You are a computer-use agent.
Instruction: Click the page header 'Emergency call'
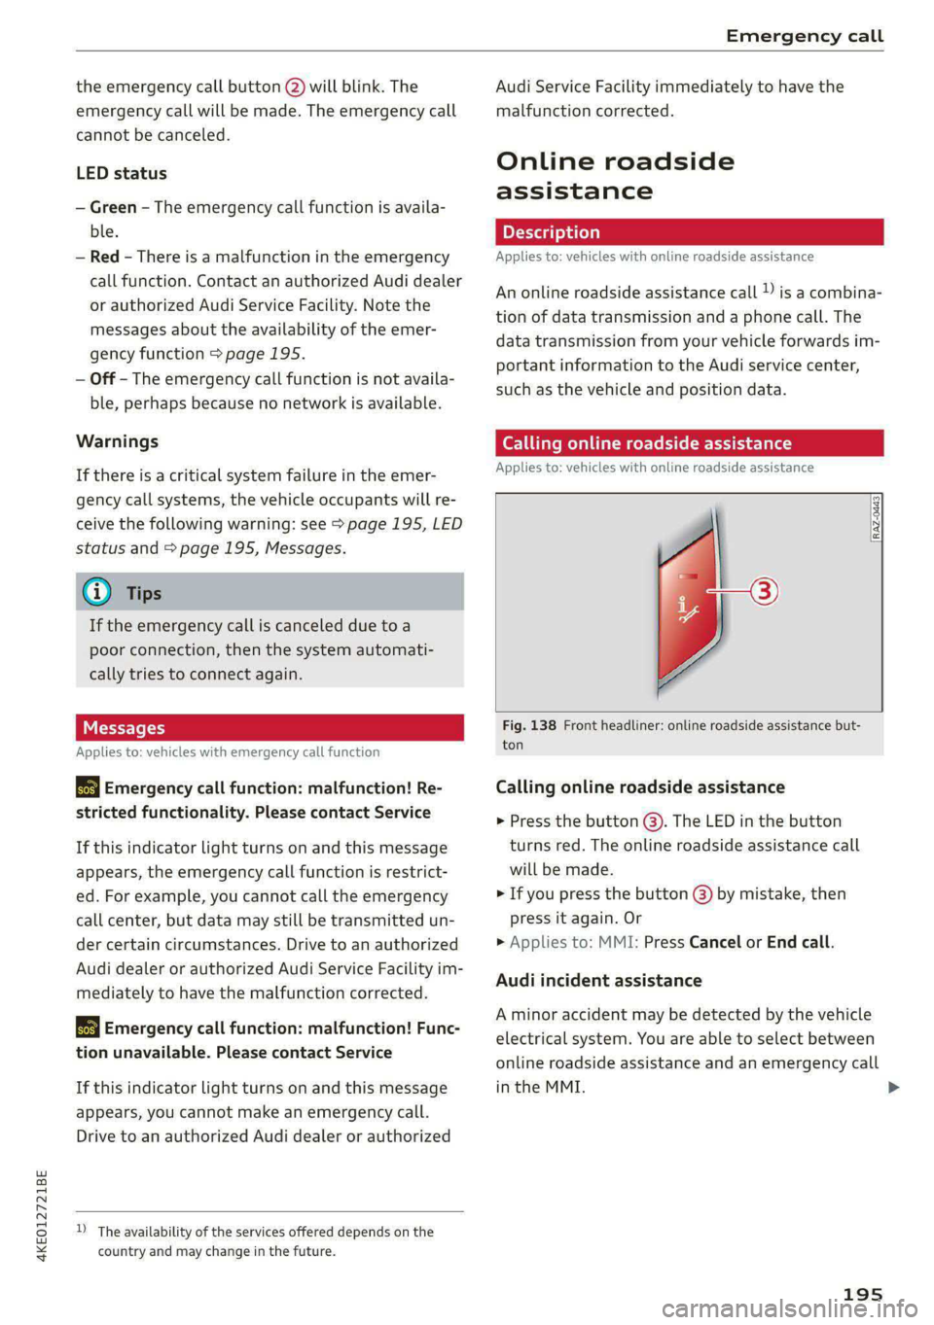pos(804,36)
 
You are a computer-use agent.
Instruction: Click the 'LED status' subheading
pos(122,173)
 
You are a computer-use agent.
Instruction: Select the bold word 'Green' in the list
pos(113,207)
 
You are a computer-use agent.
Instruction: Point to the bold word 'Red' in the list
pos(104,257)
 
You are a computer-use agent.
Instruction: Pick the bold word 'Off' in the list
pos(102,379)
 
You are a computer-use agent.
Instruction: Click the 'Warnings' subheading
pos(117,441)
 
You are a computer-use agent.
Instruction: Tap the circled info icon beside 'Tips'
pos(97,592)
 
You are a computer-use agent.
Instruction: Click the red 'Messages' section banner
pos(269,728)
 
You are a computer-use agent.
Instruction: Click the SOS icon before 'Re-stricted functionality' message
pos(88,788)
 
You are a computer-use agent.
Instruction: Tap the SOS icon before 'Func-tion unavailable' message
pos(88,1029)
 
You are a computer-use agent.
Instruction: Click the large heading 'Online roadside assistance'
pos(615,176)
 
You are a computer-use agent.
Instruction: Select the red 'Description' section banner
pos(689,232)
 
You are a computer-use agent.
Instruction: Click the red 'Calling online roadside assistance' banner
pos(689,443)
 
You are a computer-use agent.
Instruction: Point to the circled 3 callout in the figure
pos(765,590)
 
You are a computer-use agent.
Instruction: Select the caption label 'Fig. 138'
pos(529,725)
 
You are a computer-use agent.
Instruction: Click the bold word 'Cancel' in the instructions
pos(715,942)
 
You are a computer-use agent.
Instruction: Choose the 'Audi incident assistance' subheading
pos(598,980)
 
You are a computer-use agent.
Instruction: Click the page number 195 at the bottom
pos(862,1294)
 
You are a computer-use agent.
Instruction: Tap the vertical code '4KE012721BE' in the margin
pos(41,1216)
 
